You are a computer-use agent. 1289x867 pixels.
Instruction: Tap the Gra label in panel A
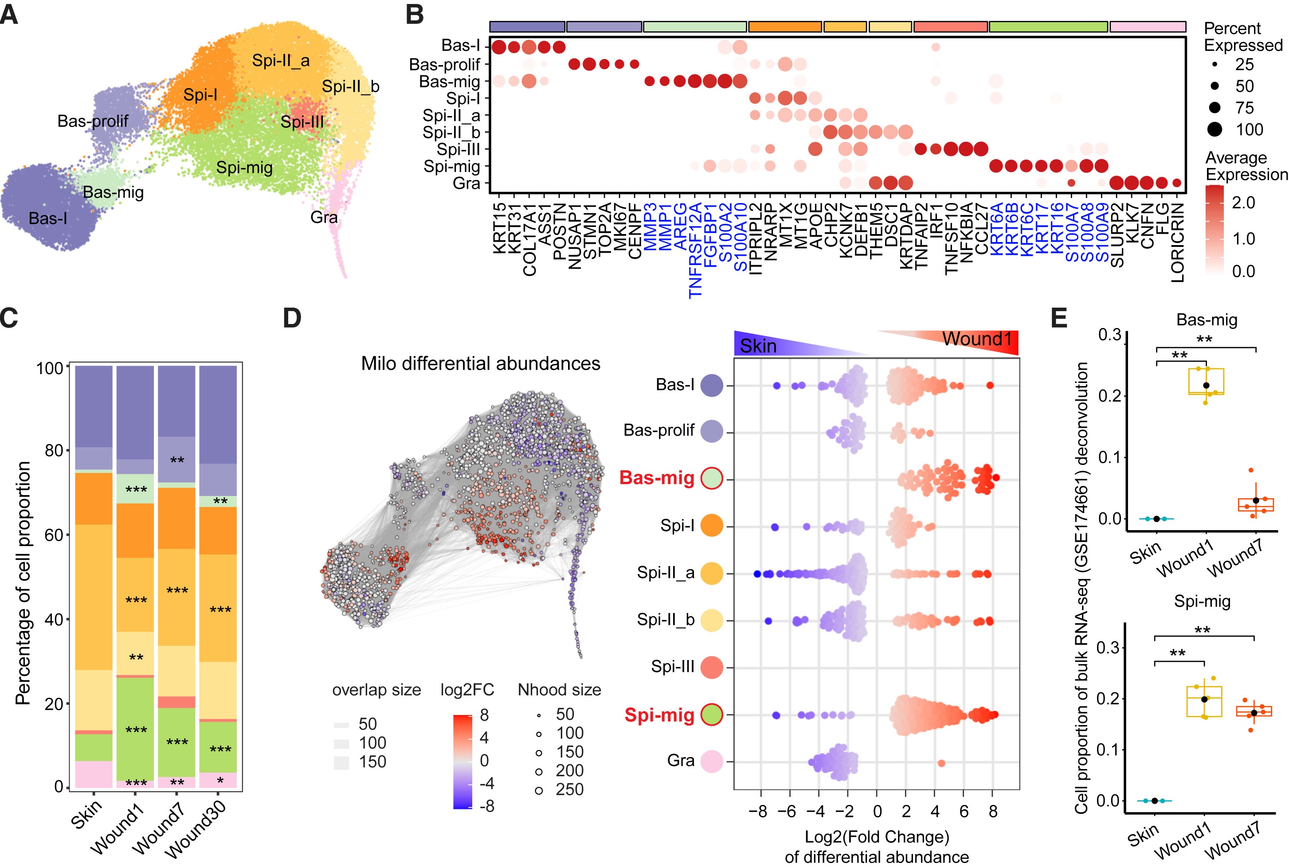(324, 217)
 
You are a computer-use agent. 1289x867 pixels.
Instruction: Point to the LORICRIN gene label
(1178, 242)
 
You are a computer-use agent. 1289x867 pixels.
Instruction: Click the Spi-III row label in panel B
(458, 149)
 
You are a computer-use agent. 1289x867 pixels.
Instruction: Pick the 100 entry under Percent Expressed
(1249, 130)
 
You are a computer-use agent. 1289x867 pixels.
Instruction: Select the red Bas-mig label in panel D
(656, 478)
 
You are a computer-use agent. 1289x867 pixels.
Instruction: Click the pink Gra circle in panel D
(712, 762)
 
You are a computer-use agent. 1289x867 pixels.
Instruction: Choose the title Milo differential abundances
(481, 364)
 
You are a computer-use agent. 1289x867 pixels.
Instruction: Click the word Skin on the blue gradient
(758, 346)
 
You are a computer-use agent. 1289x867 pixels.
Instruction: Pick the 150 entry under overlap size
(372, 762)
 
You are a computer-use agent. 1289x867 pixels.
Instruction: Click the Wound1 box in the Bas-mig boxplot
(1206, 382)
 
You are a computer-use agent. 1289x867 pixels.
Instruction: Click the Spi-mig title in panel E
(1202, 601)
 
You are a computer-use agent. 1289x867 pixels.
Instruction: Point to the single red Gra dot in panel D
(942, 764)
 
